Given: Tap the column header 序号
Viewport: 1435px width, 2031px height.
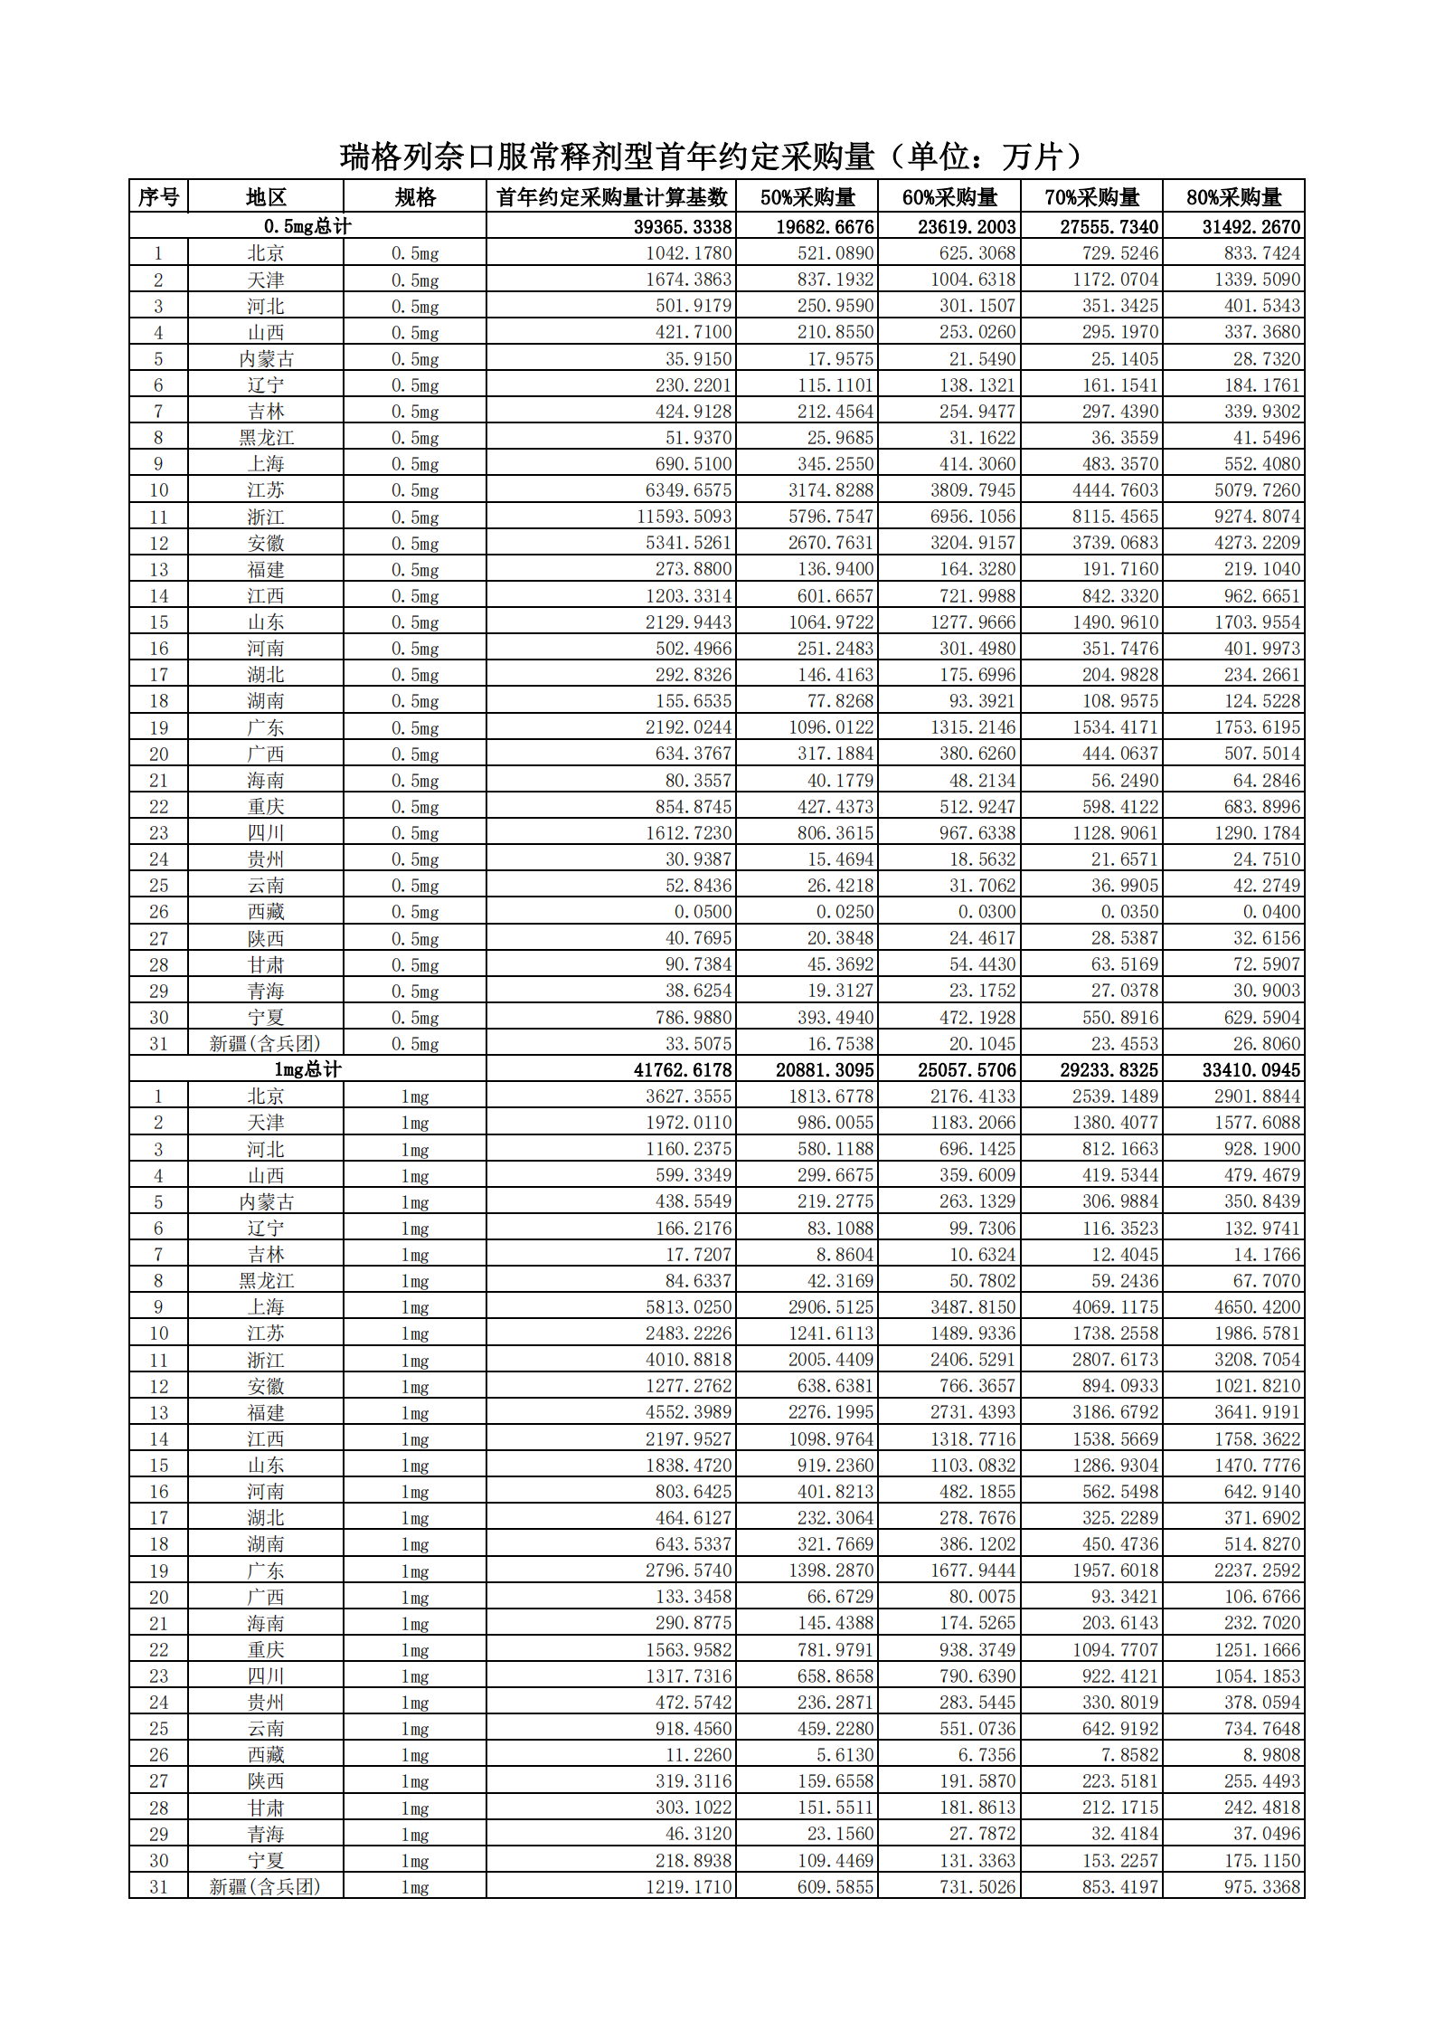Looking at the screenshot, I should point(158,197).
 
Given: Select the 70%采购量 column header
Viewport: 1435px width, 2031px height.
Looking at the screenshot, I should point(1091,197).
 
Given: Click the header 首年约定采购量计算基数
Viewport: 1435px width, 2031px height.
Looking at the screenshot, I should point(612,197).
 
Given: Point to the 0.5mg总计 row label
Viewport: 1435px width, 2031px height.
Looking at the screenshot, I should point(307,226).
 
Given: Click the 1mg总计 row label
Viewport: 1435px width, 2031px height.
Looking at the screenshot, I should point(307,1069).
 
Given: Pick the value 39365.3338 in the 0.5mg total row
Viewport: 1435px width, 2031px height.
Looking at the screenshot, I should point(683,226).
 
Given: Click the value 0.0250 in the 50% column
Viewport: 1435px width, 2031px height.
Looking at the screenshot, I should point(845,912).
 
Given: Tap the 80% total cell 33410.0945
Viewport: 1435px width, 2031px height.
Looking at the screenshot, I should point(1251,1069).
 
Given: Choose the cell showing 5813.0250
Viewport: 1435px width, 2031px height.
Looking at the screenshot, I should point(689,1306).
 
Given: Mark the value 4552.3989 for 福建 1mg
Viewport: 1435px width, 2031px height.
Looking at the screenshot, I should point(689,1412).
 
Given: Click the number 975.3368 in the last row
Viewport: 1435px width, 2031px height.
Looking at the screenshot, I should point(1262,1886).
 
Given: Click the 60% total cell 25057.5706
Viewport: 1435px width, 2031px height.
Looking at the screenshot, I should point(967,1069).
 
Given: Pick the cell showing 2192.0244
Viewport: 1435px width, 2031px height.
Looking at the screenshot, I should point(689,727).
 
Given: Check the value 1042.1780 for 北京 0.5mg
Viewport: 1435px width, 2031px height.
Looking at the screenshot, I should point(689,253).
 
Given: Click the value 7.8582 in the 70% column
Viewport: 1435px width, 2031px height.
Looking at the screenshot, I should point(1129,1754).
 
